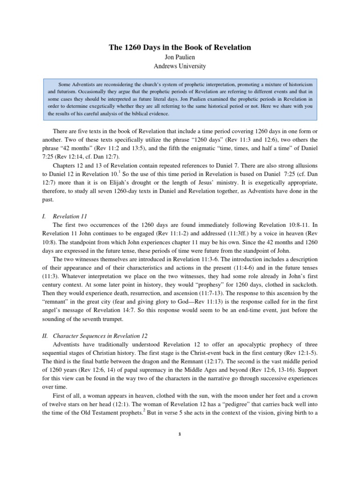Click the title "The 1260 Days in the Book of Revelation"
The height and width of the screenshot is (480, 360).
(x=180, y=47)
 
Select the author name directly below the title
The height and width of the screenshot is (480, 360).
(x=180, y=57)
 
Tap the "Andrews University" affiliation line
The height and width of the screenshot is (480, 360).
(x=180, y=66)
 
